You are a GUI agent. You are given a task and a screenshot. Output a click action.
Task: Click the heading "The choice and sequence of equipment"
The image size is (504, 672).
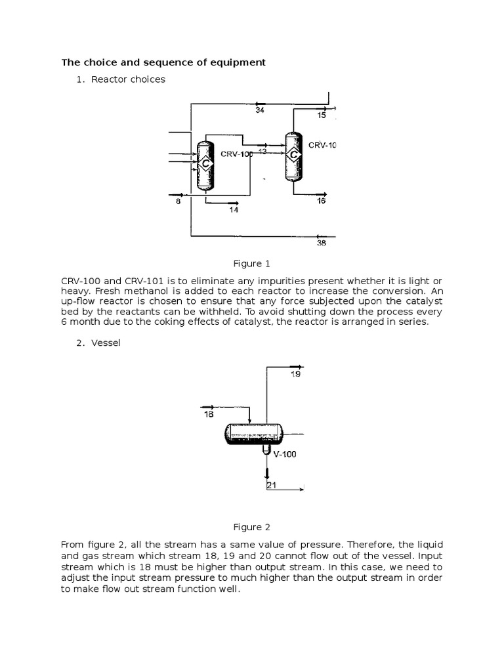[x=163, y=62]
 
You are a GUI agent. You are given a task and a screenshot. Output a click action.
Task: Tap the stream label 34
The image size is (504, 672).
[x=260, y=110]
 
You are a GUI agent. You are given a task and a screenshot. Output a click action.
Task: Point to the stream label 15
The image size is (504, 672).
[x=321, y=115]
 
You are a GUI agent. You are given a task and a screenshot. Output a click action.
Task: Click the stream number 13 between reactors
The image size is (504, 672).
[x=262, y=152]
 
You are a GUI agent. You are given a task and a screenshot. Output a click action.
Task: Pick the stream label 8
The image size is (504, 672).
[x=178, y=202]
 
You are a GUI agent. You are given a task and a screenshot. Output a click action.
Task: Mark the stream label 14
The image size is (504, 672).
[x=234, y=210]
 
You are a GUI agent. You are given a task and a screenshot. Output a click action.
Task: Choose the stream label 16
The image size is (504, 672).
[x=321, y=201]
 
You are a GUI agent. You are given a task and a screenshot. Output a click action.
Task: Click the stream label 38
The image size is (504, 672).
[x=321, y=243]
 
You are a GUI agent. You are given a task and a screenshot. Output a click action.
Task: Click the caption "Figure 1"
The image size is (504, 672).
[x=252, y=264]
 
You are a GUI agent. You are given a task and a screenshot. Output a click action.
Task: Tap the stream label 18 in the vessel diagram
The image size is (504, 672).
[x=209, y=414]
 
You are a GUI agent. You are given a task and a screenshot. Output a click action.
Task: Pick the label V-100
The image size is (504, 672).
[x=285, y=453]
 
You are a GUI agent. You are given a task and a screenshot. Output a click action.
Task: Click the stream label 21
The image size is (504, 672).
[x=271, y=486]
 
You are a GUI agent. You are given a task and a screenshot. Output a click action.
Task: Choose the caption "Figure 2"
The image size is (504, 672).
[x=252, y=526]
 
